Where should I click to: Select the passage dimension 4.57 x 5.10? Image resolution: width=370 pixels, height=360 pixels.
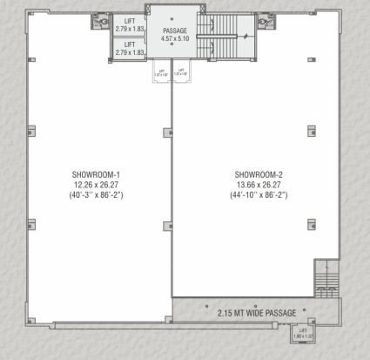[x=171, y=38]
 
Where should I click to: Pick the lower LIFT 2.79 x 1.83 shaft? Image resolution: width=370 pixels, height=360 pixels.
[x=128, y=49]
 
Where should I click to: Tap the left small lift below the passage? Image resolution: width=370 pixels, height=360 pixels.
[x=161, y=73]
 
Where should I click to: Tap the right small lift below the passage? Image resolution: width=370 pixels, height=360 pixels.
[x=181, y=73]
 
